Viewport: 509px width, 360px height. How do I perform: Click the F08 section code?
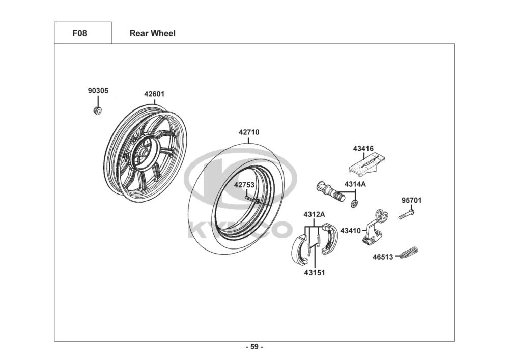click(x=79, y=33)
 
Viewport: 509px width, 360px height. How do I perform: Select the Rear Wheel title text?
click(x=153, y=33)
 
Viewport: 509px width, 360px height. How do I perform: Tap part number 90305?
click(x=98, y=91)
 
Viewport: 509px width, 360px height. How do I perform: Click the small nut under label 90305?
click(x=97, y=110)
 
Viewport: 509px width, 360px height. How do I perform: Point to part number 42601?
click(x=154, y=94)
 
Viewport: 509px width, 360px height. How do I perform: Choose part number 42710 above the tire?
click(x=249, y=132)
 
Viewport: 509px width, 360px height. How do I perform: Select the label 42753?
click(x=244, y=185)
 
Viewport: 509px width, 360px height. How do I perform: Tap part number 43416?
click(x=363, y=148)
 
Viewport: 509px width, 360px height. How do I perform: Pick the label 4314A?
click(x=355, y=184)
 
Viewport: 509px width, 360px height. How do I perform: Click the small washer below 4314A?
click(x=354, y=204)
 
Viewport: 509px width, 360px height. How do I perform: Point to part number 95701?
click(x=412, y=200)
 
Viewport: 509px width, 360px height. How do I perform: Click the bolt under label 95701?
click(x=406, y=214)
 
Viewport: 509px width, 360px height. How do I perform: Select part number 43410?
click(x=350, y=231)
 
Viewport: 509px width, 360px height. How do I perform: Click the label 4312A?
click(x=314, y=214)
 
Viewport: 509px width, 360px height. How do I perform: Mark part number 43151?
click(x=314, y=273)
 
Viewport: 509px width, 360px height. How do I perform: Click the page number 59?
click(x=254, y=347)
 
